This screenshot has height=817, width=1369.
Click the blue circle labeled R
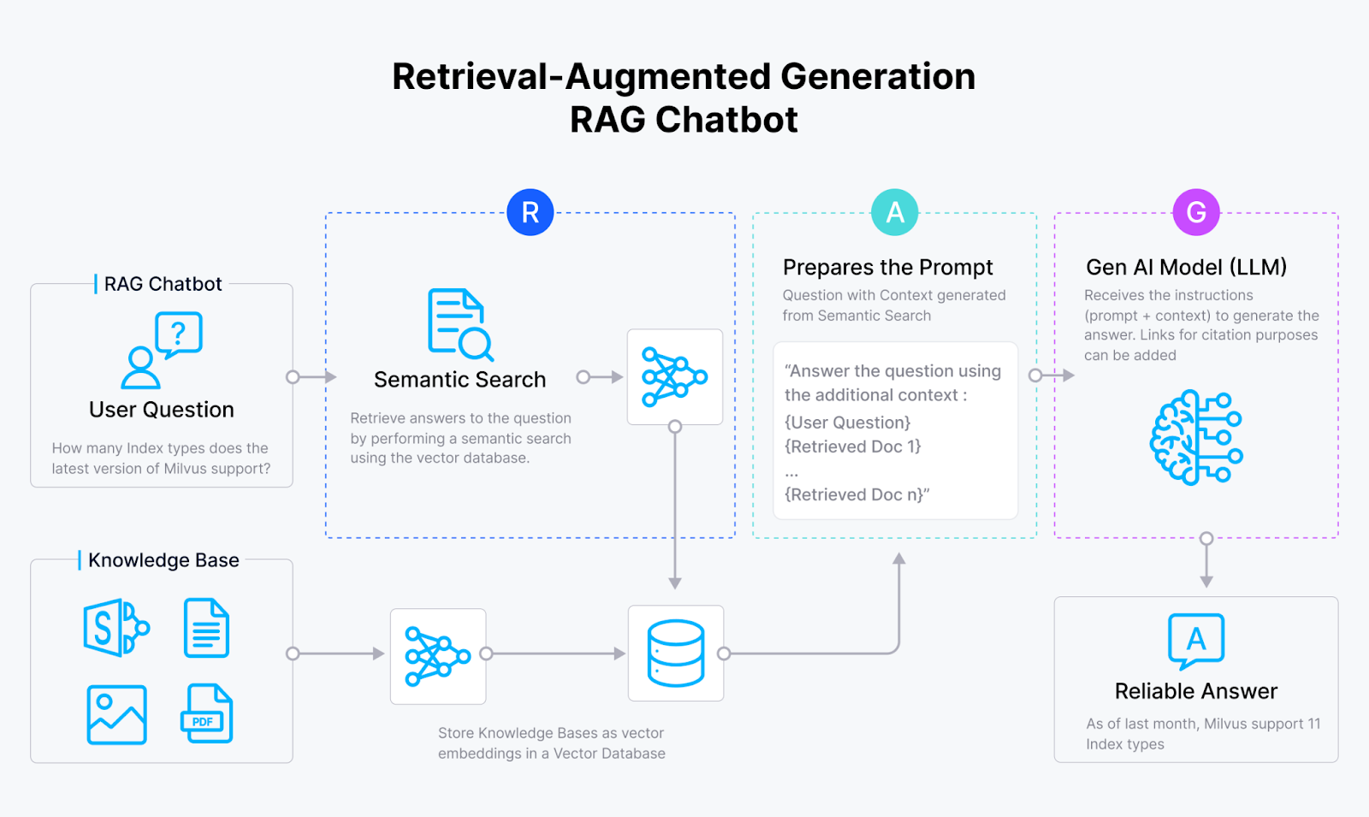(530, 212)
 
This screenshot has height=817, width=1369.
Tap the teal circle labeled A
(894, 212)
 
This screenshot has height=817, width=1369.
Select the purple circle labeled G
(1196, 212)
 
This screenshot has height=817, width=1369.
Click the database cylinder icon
(676, 654)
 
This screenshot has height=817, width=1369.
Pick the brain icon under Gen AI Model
(1195, 437)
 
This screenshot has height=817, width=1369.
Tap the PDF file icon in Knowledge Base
(207, 713)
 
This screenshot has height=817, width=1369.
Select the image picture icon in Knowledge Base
(117, 714)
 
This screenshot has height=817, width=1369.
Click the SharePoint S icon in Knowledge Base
(116, 627)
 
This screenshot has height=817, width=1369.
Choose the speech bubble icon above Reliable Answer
(1196, 641)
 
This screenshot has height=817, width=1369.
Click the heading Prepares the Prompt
(887, 268)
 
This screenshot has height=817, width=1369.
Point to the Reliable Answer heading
(1195, 691)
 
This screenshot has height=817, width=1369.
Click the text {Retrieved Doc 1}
(852, 447)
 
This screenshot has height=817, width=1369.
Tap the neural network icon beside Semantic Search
(675, 377)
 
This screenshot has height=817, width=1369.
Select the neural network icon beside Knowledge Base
(438, 656)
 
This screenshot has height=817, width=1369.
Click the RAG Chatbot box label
(163, 284)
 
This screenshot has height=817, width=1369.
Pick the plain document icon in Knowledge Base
(206, 628)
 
